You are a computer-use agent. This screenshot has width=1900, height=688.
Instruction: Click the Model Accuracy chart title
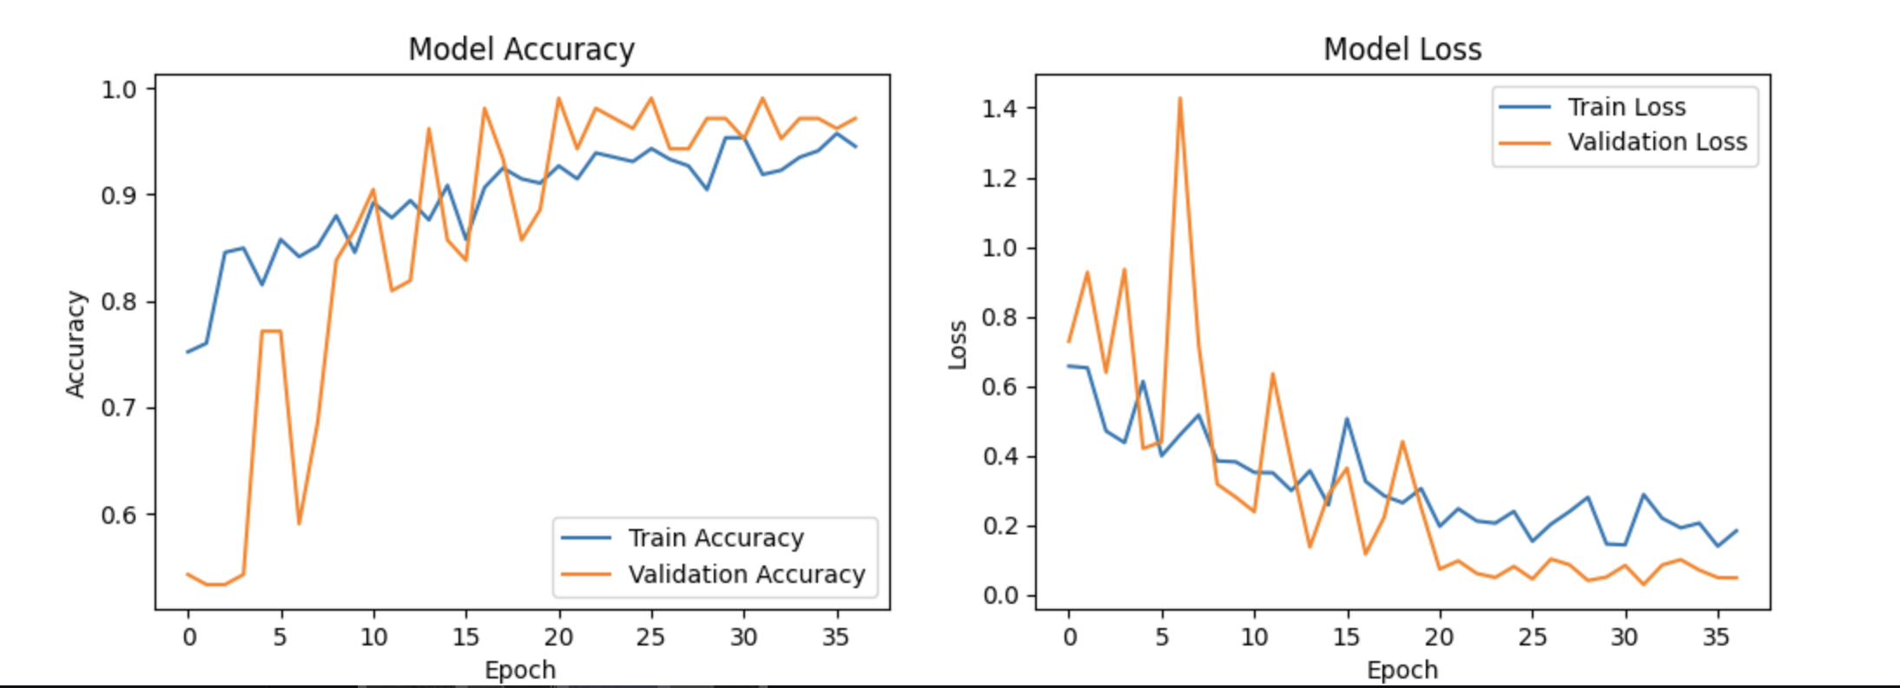521,50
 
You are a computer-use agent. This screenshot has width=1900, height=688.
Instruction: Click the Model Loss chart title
1402,50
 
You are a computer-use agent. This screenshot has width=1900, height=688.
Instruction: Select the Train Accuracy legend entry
716,539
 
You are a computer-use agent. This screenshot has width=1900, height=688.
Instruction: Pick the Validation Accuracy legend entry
746,575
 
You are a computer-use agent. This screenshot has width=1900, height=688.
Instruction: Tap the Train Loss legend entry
1626,107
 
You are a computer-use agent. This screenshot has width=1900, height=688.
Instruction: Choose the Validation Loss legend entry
1656,142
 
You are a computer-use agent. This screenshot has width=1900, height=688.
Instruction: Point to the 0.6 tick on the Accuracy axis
119,514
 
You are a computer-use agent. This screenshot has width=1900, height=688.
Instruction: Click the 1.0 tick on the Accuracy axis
119,89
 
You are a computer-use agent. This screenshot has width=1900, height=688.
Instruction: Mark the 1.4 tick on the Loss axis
999,109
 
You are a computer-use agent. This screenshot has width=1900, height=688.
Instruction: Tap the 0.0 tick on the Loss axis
999,596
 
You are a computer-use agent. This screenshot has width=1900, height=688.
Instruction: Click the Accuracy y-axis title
76,344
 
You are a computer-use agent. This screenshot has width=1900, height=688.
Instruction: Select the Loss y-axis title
957,345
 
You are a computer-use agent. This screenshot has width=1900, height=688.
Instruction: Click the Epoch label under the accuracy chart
520,671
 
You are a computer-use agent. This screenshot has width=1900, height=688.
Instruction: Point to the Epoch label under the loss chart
1402,671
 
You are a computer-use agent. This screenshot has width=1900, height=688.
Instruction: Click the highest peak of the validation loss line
1180,98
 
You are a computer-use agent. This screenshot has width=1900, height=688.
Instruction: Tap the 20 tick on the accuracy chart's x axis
558,638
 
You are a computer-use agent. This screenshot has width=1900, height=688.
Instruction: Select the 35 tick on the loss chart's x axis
1716,638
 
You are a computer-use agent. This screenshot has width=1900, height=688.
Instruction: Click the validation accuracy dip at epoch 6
299,524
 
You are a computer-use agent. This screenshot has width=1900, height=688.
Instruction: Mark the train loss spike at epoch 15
1347,419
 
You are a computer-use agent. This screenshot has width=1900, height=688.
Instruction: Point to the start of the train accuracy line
188,352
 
